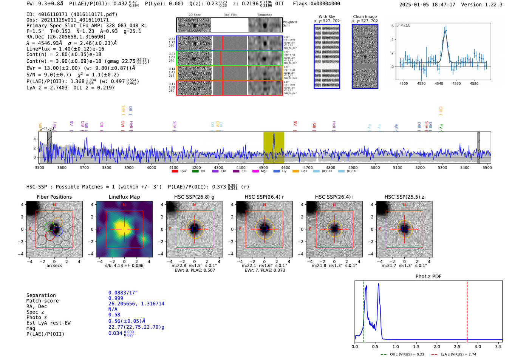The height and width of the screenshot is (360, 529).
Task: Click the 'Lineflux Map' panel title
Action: click(124, 197)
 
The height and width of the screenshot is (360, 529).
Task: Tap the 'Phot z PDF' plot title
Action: click(428, 277)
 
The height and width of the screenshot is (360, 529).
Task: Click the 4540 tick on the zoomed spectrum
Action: click(439, 83)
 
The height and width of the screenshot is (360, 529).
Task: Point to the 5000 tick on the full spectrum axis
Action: click(375, 168)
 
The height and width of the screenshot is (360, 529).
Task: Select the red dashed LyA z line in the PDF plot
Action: click(467, 310)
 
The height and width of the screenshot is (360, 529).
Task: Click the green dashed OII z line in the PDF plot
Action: click(364, 310)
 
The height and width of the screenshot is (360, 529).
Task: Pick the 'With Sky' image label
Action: click(327, 17)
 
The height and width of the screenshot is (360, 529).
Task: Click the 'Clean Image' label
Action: click(365, 17)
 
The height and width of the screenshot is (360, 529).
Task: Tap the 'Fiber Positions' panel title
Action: click(54, 197)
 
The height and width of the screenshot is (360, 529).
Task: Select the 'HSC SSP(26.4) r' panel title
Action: click(264, 197)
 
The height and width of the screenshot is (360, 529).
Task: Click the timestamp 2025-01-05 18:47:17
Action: click(427, 5)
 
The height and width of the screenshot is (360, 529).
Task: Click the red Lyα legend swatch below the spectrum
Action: click(175, 172)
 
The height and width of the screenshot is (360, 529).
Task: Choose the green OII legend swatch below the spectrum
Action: click(195, 172)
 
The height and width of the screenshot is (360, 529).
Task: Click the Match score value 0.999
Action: click(116, 298)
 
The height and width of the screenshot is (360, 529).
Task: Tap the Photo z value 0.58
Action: click(114, 315)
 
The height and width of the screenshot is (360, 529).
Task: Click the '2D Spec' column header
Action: click(195, 15)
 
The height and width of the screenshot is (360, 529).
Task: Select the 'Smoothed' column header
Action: click(264, 15)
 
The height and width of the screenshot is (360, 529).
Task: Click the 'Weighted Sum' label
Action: click(290, 24)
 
